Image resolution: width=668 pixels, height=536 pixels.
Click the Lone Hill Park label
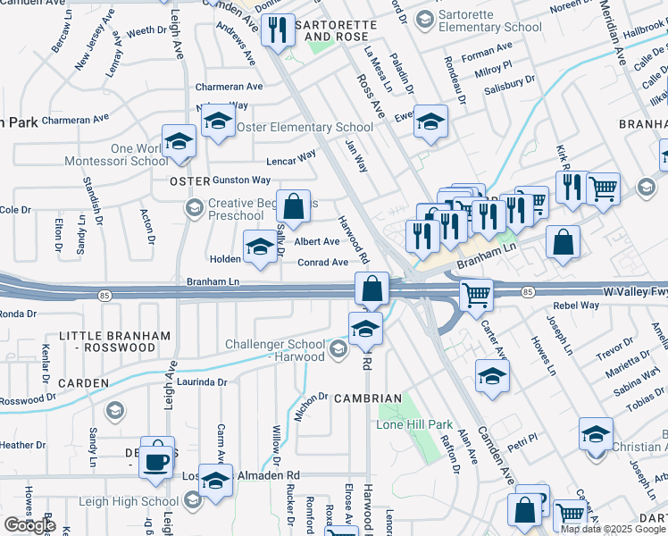tap(416, 425)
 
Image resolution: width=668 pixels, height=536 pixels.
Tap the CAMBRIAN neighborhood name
tap(368, 398)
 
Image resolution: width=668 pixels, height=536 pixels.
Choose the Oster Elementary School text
tap(305, 128)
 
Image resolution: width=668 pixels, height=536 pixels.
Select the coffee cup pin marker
tap(157, 462)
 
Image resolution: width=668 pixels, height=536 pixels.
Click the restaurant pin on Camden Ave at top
tap(278, 30)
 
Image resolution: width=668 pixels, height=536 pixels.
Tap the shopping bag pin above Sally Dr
tap(293, 207)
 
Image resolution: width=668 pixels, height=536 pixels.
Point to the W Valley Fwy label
tap(635, 292)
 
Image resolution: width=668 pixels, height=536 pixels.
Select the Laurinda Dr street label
tap(202, 381)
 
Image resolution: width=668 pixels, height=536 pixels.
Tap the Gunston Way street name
tap(241, 180)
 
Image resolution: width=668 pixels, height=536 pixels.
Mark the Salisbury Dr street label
tap(509, 80)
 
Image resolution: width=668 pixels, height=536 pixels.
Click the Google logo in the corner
tap(29, 524)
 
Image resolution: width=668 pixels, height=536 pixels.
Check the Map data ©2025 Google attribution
tap(613, 529)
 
